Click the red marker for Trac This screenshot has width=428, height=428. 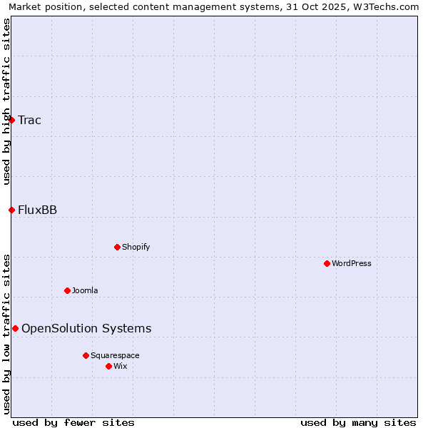12,120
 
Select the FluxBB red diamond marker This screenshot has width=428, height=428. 12,210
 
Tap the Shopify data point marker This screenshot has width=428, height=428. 117,247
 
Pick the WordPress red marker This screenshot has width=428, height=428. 327,263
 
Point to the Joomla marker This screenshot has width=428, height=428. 67,290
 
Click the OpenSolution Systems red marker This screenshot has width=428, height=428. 15,328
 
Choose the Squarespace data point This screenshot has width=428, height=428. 86,355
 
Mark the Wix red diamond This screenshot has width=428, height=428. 108,366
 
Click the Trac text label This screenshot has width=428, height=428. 29,120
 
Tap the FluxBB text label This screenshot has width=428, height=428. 37,210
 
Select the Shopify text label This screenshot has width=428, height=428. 136,247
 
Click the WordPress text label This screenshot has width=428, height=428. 352,263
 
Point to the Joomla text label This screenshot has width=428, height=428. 85,290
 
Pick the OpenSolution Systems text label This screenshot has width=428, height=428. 86,328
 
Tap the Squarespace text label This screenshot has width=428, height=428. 115,355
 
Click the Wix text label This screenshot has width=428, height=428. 120,366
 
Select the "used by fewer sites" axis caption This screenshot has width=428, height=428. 73,422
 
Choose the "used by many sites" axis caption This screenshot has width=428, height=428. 358,422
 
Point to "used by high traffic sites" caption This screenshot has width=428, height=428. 6,101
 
